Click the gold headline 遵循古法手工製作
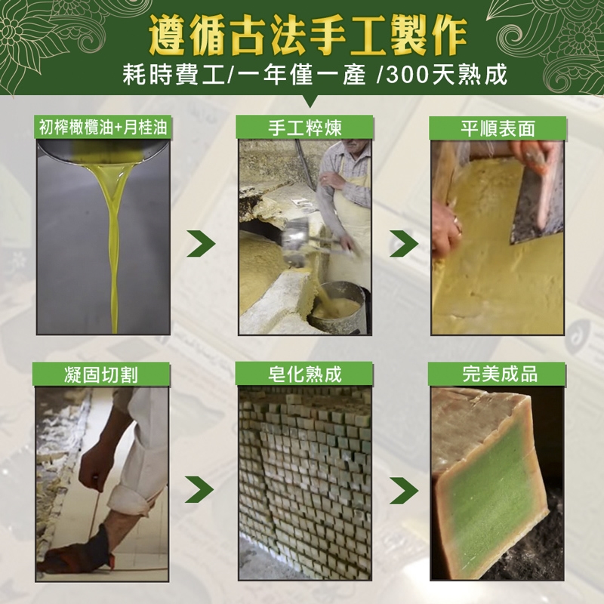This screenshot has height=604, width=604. pos(308,35)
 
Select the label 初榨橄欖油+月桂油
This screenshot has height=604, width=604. pos(103,127)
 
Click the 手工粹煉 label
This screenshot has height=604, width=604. pos(305,128)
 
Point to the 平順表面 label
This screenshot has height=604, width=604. pos(498,128)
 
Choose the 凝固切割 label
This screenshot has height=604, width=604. pos(101,374)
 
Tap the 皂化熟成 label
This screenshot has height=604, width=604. pos(305,374)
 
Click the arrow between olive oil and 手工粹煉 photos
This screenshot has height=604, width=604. pos(202,243)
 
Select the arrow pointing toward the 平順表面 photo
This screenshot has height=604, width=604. pos(404,243)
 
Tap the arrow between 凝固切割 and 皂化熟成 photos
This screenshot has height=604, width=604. pos(199,489)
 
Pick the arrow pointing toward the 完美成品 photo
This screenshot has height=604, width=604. pos(404,490)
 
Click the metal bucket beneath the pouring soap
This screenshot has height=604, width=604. pos(338,308)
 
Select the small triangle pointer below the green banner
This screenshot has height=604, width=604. pos(310,101)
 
